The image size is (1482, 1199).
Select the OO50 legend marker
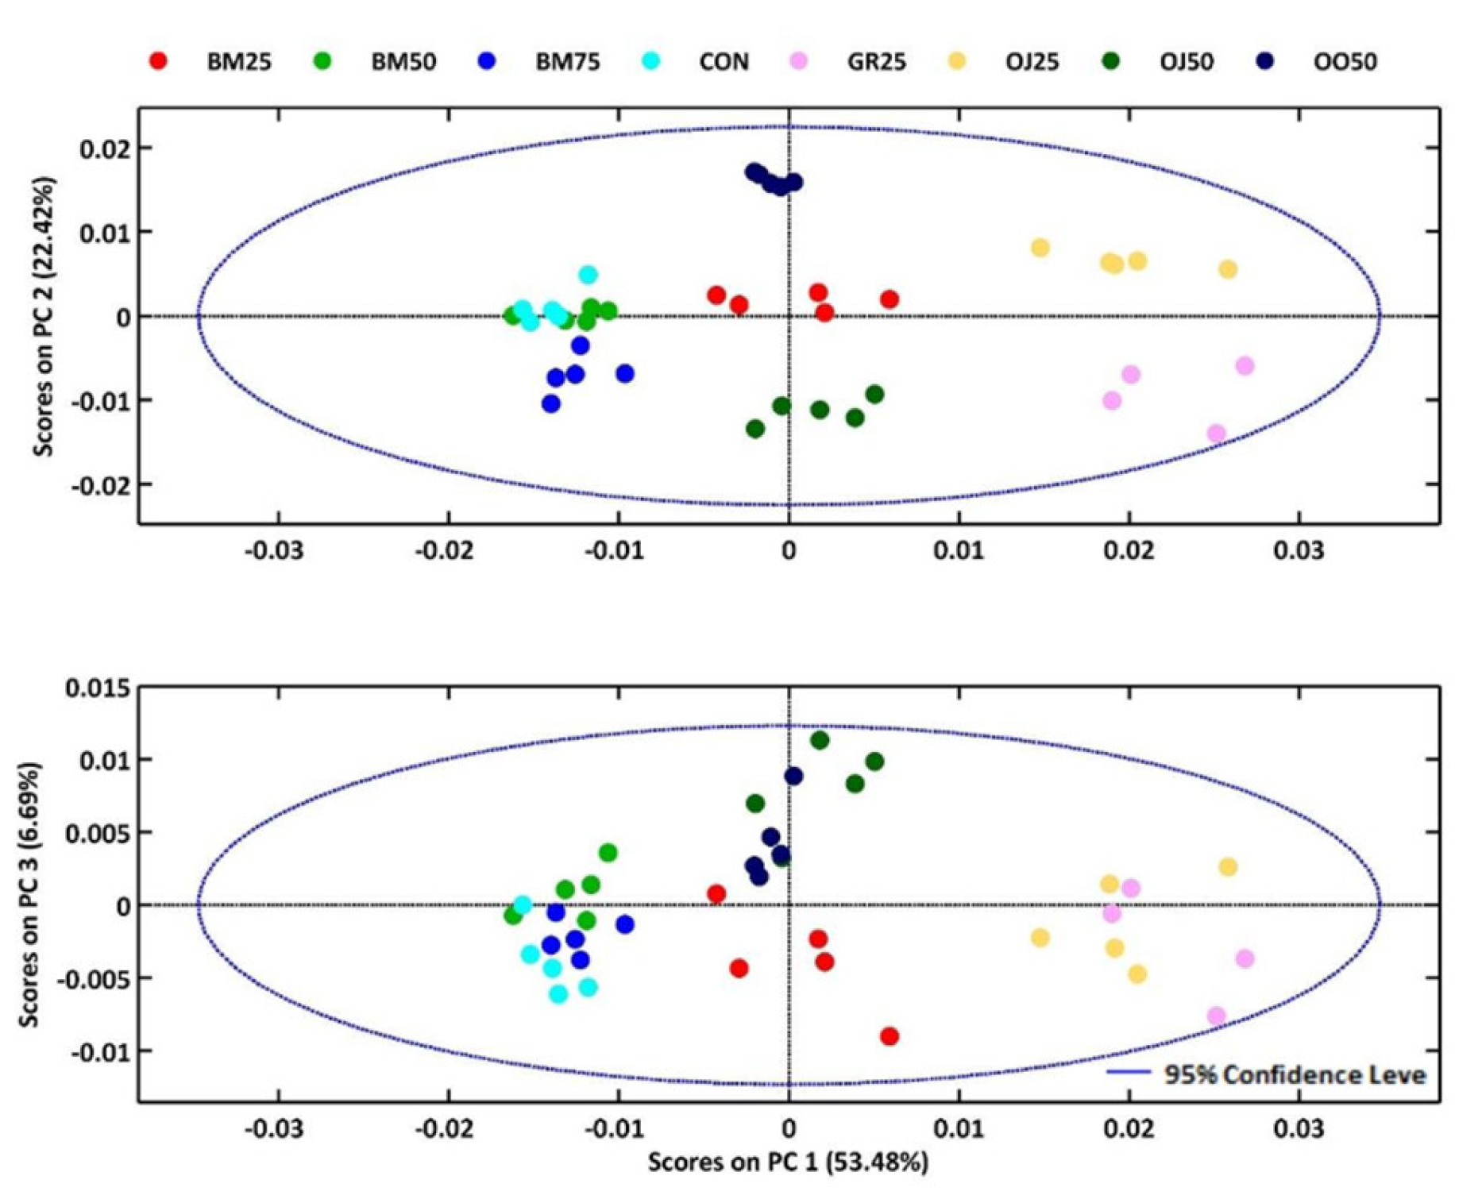[x=1264, y=61]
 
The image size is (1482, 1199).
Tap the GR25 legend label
[x=876, y=62]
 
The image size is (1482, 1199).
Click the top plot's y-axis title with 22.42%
[x=44, y=316]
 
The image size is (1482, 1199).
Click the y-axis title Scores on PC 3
[x=29, y=894]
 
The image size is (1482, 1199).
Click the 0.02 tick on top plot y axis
[x=105, y=148]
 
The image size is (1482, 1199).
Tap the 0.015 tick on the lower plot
[x=98, y=688]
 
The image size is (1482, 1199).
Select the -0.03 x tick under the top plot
[x=273, y=550]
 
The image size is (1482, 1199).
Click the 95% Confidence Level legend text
[x=1295, y=1074]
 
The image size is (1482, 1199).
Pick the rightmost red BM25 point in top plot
[x=890, y=299]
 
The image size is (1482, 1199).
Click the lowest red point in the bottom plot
[x=890, y=1036]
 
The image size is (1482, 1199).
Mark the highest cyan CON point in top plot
[x=588, y=275]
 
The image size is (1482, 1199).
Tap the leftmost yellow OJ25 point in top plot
[x=1040, y=248]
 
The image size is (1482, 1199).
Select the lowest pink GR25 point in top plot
[x=1216, y=434]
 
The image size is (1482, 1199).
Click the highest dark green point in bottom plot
[x=820, y=740]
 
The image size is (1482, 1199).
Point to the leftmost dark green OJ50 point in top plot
[x=755, y=429]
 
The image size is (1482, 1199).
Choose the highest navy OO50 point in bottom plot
[x=793, y=776]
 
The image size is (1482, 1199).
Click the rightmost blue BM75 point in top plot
[x=625, y=373]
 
